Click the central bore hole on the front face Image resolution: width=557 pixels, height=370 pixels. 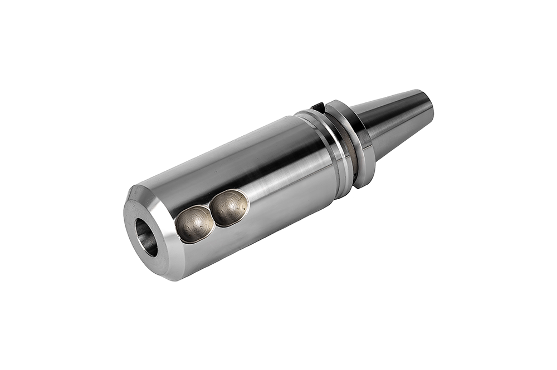pyautogui.click(x=146, y=237)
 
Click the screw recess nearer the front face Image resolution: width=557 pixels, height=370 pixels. pyautogui.click(x=194, y=224)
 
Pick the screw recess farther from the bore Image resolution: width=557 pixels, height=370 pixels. pyautogui.click(x=229, y=207)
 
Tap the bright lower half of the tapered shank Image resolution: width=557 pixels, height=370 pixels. pyautogui.click(x=395, y=131)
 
